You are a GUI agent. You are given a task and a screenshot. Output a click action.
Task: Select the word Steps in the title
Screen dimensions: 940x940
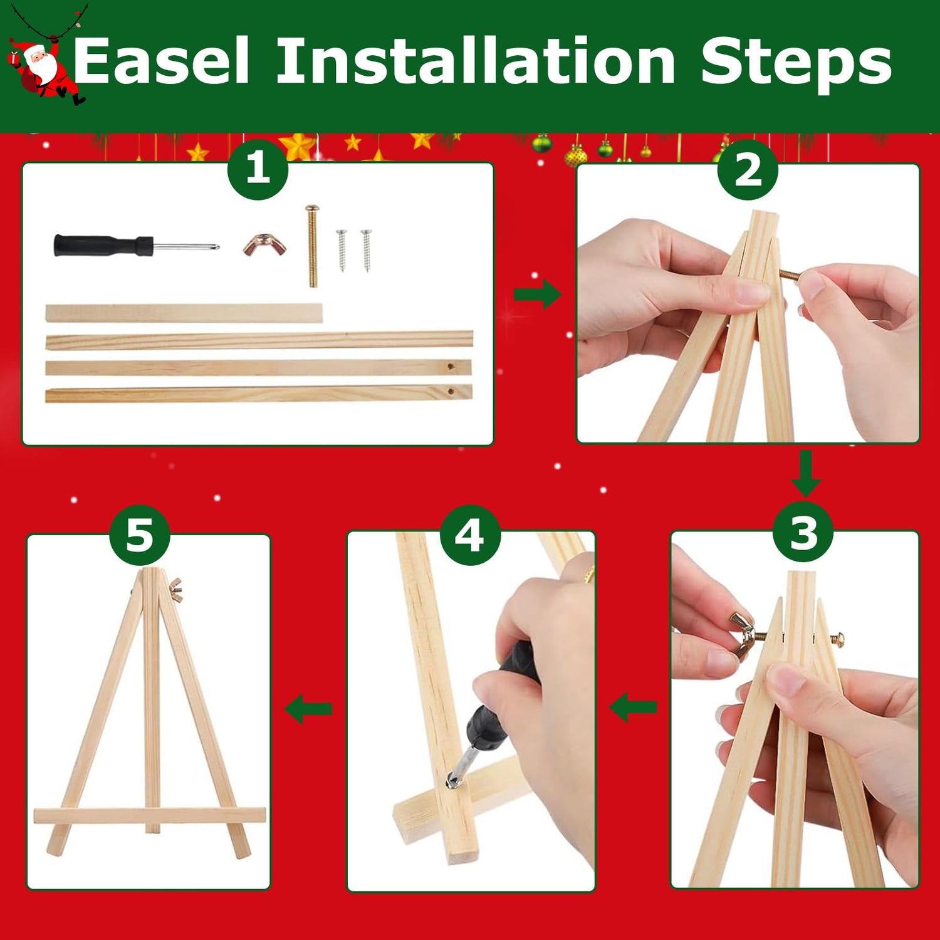pyautogui.click(x=796, y=62)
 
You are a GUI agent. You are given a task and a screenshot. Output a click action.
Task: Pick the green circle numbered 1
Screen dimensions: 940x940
pyautogui.click(x=258, y=169)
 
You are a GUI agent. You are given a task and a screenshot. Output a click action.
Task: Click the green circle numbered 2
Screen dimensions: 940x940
pyautogui.click(x=748, y=169)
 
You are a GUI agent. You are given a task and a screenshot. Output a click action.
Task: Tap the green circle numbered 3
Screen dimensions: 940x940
pyautogui.click(x=803, y=533)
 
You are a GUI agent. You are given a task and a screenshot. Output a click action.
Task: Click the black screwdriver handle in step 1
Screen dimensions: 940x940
pyautogui.click(x=103, y=245)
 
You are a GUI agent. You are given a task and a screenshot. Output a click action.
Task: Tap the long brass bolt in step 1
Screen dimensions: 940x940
pyautogui.click(x=312, y=246)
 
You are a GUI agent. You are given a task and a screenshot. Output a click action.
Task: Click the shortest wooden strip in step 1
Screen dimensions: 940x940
pyautogui.click(x=184, y=313)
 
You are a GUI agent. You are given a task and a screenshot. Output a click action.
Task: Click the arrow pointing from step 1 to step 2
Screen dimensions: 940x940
pyautogui.click(x=537, y=293)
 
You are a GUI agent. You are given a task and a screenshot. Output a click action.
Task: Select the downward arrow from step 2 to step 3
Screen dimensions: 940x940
pyautogui.click(x=806, y=474)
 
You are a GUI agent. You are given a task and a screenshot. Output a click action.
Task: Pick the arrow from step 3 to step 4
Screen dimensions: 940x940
pyautogui.click(x=633, y=708)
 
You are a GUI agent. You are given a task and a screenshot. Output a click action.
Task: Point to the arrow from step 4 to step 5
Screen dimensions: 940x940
pyautogui.click(x=308, y=709)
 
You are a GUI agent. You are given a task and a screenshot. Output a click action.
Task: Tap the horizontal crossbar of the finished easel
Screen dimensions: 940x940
pyautogui.click(x=149, y=816)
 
